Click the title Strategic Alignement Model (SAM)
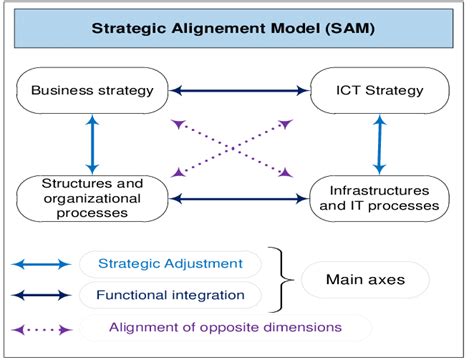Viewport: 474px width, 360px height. pos(235,30)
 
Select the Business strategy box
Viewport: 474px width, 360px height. pos(91,91)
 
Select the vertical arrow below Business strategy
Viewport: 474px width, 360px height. pos(91,142)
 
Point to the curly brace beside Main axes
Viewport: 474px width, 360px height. pos(283,279)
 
